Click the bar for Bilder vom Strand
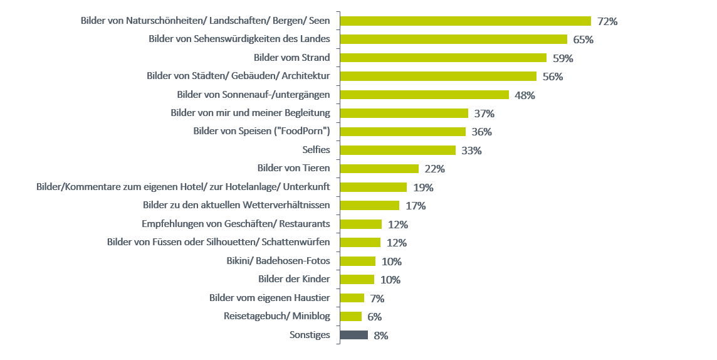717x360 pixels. point(442,58)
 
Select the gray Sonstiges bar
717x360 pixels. point(353,335)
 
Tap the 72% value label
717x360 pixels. point(607,21)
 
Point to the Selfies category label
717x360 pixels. point(316,150)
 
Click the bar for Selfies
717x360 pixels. point(397,150)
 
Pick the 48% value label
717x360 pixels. point(525,95)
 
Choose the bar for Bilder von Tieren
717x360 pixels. point(379,168)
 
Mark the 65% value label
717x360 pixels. point(583,40)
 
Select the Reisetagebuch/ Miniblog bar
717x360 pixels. point(350,316)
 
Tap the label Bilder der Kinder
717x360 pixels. point(294,279)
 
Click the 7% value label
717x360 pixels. point(377,299)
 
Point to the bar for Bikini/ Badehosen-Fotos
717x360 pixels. point(357,261)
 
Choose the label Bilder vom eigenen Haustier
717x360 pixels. point(270,298)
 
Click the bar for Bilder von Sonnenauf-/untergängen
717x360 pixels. point(424,95)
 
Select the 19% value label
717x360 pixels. point(423,187)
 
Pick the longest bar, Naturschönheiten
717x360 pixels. point(465,21)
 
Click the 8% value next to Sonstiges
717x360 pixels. point(381,336)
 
